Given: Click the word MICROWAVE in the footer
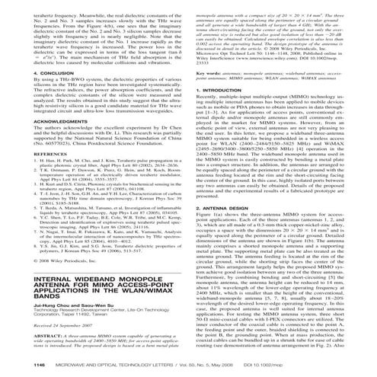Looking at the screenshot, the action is click(58, 367).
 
